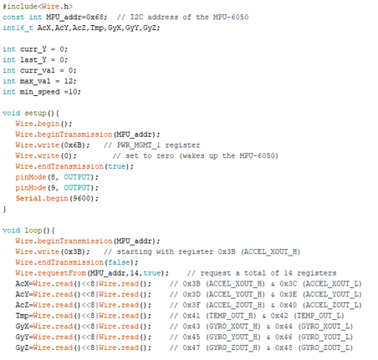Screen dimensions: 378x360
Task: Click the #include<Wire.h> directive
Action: click(38, 6)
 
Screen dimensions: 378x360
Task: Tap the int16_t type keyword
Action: click(18, 28)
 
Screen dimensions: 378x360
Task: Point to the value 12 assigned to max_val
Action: click(69, 81)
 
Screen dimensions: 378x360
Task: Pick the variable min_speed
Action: click(39, 92)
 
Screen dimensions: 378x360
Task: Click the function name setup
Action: click(35, 114)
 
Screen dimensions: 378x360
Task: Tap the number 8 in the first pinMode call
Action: click(53, 177)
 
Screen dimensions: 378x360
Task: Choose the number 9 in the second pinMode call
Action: click(53, 188)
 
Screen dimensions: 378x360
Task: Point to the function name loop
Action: click(33, 231)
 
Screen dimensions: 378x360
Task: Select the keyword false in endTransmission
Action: click(119, 262)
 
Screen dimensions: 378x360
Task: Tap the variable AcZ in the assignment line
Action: click(22, 305)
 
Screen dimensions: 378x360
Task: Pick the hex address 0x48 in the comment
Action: click(283, 347)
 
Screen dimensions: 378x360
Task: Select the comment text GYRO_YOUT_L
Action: click(325, 337)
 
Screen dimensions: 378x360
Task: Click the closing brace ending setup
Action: click(4, 209)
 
